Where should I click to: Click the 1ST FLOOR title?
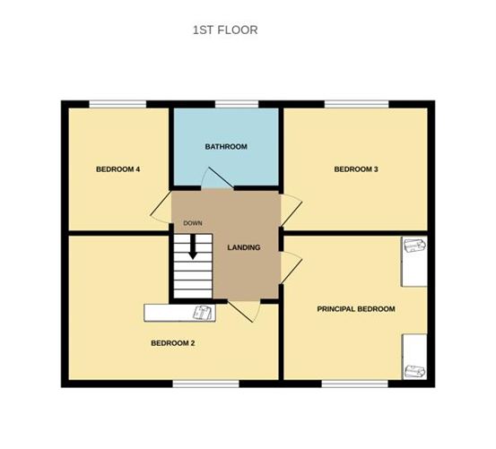pos(225,30)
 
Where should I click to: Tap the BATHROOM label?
pos(225,146)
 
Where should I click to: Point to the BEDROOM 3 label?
pos(355,168)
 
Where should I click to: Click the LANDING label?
pos(244,247)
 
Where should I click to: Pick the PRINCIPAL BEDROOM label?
pos(356,308)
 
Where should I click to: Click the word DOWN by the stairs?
pos(192,223)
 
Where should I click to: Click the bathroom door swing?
pos(214,179)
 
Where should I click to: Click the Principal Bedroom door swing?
pos(292,266)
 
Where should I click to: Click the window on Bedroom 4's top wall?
pos(117,105)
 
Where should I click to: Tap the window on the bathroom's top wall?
pos(230,105)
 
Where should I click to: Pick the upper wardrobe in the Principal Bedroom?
pos(413,260)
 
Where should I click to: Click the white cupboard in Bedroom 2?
pos(179,312)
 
